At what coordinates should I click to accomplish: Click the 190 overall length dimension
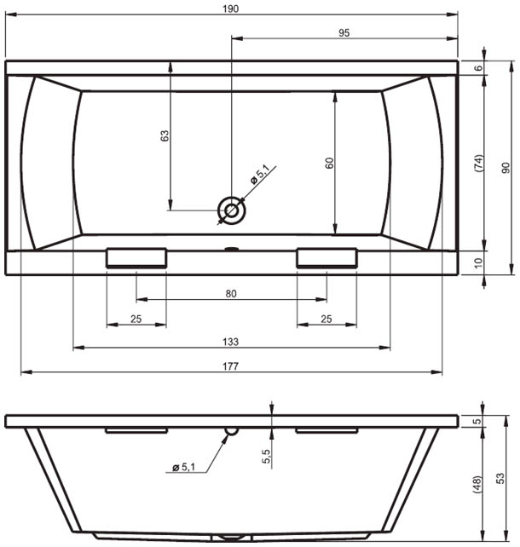tap(231, 9)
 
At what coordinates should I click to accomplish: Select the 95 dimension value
tap(344, 32)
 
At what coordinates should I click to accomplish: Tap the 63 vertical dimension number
tap(165, 135)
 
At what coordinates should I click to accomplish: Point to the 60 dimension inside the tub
tap(329, 163)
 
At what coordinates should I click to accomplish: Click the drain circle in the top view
tap(231, 210)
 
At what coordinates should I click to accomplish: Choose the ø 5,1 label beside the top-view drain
tap(260, 176)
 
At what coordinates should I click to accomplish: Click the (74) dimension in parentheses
tap(479, 163)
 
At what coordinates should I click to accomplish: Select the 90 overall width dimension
tap(506, 168)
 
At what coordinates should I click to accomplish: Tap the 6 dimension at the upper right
tap(479, 67)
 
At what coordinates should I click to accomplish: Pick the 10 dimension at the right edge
tap(478, 262)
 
